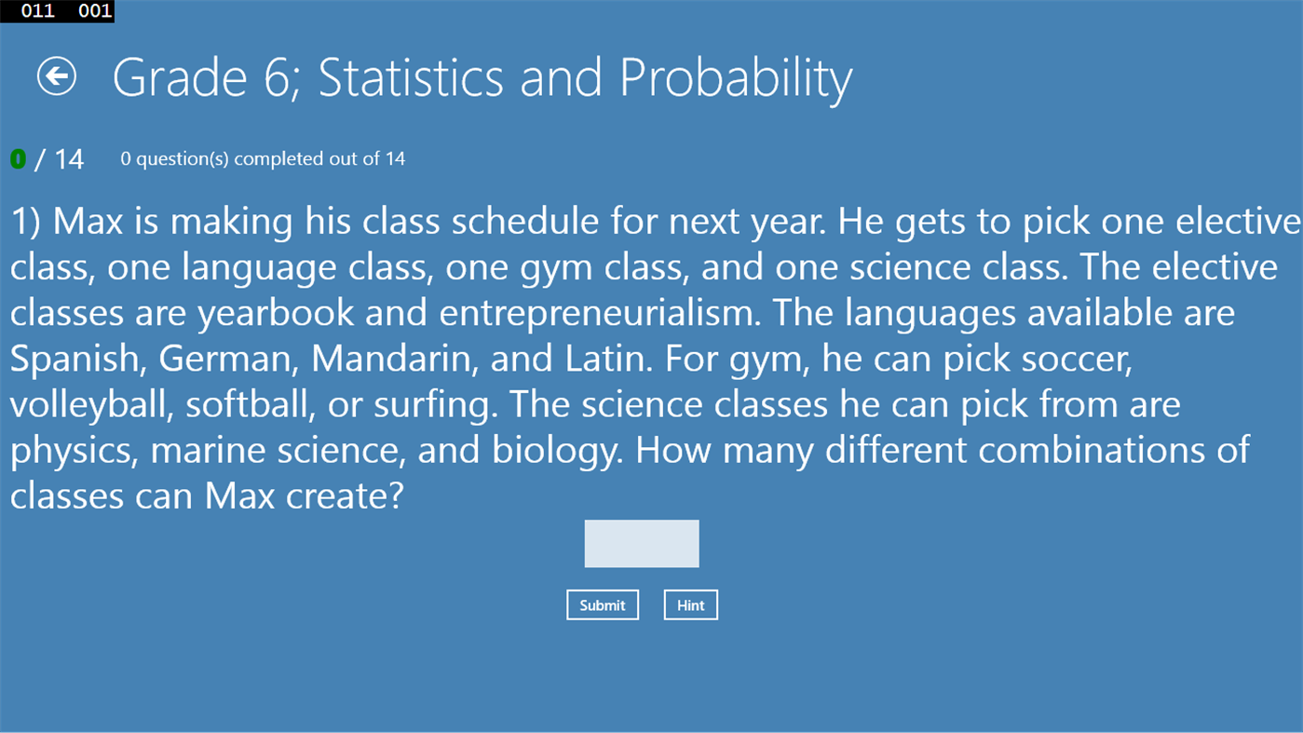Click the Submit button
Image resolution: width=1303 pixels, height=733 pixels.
[x=603, y=605]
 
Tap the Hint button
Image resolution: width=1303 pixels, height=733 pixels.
[x=690, y=605]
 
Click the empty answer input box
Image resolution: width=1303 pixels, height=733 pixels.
[x=642, y=544]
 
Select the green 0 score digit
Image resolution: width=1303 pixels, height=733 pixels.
[x=18, y=159]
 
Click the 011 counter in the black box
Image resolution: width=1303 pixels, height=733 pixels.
[x=37, y=11]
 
